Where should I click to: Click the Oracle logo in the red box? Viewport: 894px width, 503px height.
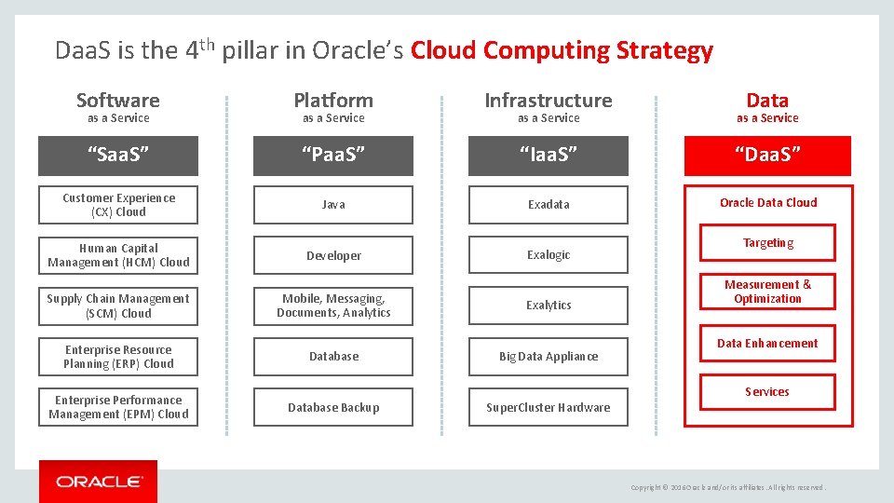99,482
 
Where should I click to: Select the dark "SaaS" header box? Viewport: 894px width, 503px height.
118,156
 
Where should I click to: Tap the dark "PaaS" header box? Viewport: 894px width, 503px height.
333,156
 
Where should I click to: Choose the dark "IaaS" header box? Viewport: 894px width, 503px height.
549,156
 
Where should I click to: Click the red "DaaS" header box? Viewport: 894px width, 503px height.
767,156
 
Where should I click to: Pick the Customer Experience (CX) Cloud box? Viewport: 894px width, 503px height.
118,205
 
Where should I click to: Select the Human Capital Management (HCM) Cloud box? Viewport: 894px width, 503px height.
118,255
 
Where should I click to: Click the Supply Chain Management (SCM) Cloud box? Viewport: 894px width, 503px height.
118,306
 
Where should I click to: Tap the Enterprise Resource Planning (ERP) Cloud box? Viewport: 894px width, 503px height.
118,357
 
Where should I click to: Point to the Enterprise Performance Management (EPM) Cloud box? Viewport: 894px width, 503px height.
118,407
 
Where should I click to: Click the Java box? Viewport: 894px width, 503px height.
333,205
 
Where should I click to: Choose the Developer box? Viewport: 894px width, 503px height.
333,255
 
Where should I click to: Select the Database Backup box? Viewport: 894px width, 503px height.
333,407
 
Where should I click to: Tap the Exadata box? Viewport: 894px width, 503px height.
549,205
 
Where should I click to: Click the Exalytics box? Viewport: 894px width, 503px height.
549,306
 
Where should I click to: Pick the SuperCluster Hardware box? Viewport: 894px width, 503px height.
549,407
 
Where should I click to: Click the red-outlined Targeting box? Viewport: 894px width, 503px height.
767,243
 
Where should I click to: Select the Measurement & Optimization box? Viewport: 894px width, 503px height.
767,292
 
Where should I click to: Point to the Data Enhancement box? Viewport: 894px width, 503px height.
767,343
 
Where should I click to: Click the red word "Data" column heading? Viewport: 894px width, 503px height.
767,101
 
